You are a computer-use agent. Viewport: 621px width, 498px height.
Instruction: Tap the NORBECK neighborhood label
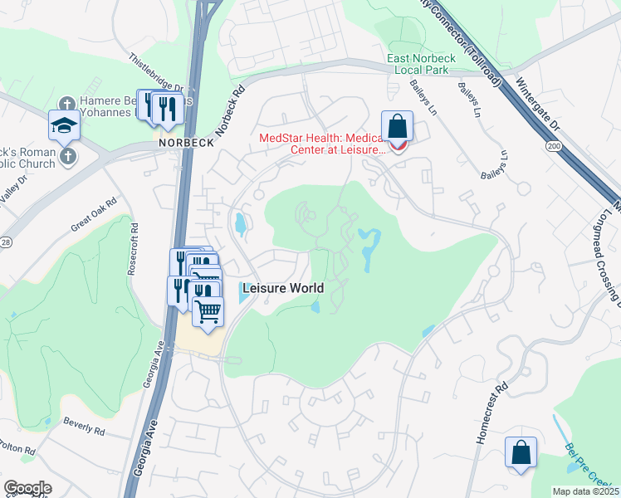[x=187, y=143]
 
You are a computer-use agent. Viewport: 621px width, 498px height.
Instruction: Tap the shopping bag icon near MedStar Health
[x=399, y=128]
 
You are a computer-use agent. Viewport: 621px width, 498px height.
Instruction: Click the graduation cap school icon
[x=64, y=125]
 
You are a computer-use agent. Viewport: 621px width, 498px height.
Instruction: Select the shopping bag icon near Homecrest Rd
[x=521, y=452]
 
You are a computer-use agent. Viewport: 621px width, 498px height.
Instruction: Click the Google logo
[x=27, y=487]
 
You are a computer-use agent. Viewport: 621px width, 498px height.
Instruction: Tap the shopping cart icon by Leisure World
[x=208, y=312]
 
